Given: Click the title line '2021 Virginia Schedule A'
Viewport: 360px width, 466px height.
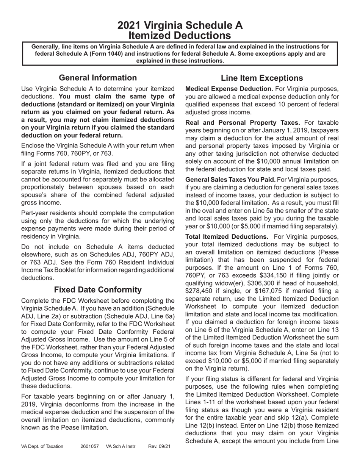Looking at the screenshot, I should [x=180, y=25].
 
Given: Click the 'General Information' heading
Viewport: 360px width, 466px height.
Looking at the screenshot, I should [x=98, y=78].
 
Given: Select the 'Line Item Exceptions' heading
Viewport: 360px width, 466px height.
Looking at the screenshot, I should [x=262, y=78].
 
